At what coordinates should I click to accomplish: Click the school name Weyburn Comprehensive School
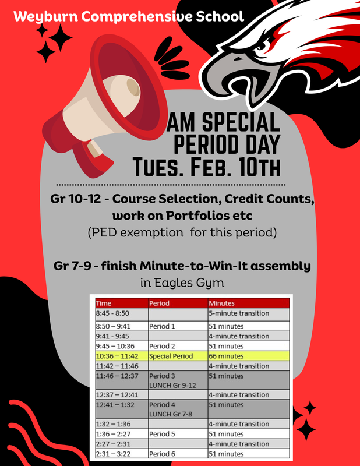(129, 16)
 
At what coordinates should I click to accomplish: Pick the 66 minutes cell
(227, 356)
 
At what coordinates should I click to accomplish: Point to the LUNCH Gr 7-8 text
(170, 414)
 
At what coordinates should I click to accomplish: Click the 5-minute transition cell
(239, 313)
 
